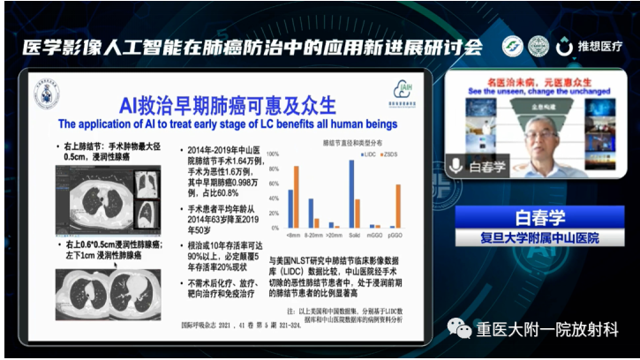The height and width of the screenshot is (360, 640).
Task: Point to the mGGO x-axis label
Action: pyautogui.click(x=375, y=236)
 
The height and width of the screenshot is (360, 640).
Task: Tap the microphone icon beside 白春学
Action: pyautogui.click(x=457, y=165)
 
